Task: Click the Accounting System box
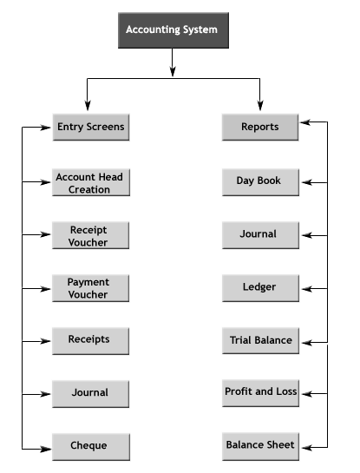click(173, 30)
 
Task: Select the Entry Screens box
click(91, 127)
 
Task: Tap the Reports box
click(260, 127)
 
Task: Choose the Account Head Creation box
click(91, 182)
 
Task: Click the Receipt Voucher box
click(91, 235)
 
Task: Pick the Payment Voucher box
click(91, 288)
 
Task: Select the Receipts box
click(91, 341)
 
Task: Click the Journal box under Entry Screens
click(91, 394)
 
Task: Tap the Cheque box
click(91, 447)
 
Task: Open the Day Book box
click(260, 182)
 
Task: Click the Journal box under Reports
click(260, 235)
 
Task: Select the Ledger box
click(260, 288)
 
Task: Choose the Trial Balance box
click(260, 340)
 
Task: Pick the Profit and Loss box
click(260, 393)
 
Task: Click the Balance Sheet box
click(260, 446)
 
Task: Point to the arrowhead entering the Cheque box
click(46, 450)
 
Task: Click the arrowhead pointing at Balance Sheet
click(306, 448)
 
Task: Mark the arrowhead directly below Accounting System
click(173, 71)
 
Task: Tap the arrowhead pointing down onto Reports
click(260, 105)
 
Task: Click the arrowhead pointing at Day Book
click(306, 182)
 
